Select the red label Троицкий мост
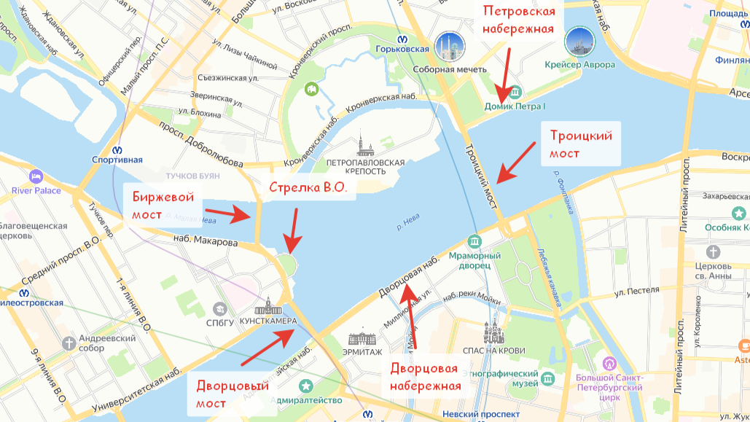[x=580, y=144]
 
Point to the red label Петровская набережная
[x=519, y=20]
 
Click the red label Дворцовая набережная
[x=425, y=377]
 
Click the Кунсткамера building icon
[x=268, y=306]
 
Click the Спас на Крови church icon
[x=493, y=334]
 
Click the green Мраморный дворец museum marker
[x=475, y=241]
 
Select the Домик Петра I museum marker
[x=515, y=92]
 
